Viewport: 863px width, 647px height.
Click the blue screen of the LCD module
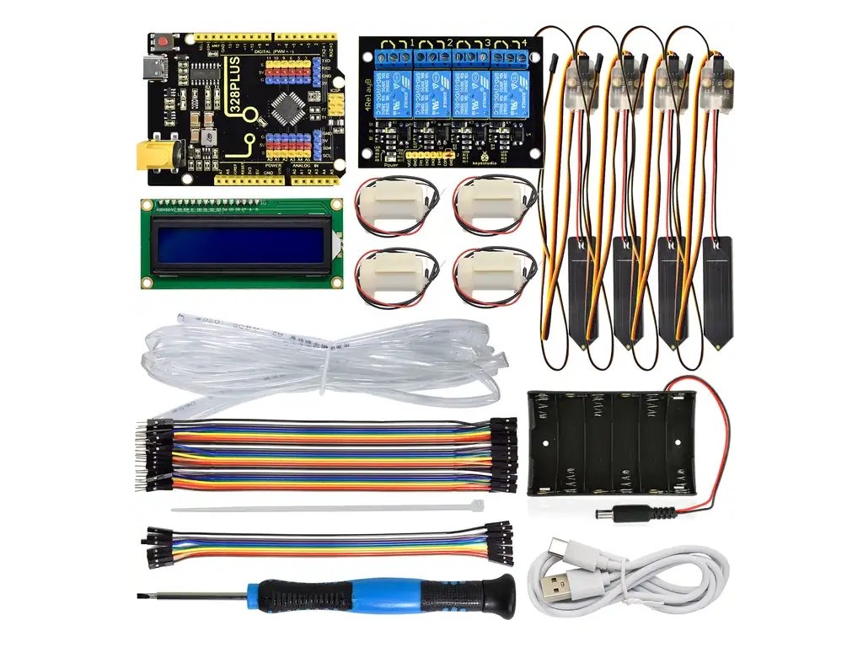[241, 244]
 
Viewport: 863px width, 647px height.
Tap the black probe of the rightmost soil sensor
[717, 291]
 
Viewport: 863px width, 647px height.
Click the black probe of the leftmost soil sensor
[582, 291]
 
